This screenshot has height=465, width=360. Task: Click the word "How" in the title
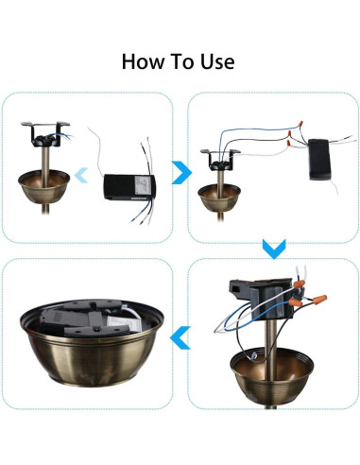tap(143, 61)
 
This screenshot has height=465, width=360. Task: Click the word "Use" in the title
tap(217, 61)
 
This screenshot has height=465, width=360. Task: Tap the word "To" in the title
tap(182, 61)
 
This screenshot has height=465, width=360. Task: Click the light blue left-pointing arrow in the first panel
tap(81, 175)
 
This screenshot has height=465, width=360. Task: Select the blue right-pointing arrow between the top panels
tap(181, 172)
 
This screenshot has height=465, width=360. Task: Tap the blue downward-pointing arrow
tap(274, 249)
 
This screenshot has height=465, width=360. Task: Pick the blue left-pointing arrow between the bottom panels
tap(180, 337)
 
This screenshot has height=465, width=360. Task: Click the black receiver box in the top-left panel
tap(129, 187)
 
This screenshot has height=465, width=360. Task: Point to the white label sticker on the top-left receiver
tap(143, 185)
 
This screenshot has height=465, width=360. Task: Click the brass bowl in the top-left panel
tap(43, 186)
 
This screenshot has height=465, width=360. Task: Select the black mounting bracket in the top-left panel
tap(45, 134)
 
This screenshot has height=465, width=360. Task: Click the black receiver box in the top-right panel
tap(320, 160)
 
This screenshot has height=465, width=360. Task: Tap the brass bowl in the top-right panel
tap(219, 198)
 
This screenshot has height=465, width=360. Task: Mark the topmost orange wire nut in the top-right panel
tap(300, 123)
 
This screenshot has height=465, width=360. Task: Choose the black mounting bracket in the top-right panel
tap(220, 160)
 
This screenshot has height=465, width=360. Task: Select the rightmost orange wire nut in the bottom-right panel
tap(320, 299)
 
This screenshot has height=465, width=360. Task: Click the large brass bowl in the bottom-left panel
tap(92, 343)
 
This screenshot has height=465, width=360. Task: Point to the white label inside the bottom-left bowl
tap(119, 323)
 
